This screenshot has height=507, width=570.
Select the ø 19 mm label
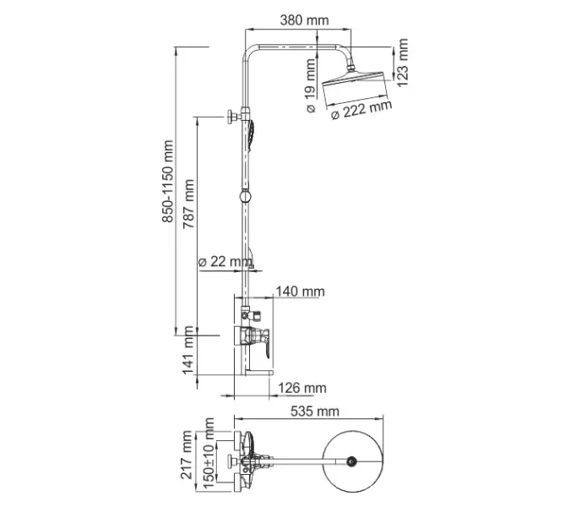pos(311,84)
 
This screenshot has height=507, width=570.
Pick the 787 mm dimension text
pos(189,207)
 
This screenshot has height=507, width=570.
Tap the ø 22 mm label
pos(224,261)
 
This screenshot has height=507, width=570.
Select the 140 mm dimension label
pos(300,292)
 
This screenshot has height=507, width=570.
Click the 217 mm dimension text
pos(188,457)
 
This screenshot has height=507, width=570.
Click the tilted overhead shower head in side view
pos(355,84)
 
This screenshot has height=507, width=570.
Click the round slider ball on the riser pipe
pos(244,198)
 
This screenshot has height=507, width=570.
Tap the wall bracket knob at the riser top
pos(230,117)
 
